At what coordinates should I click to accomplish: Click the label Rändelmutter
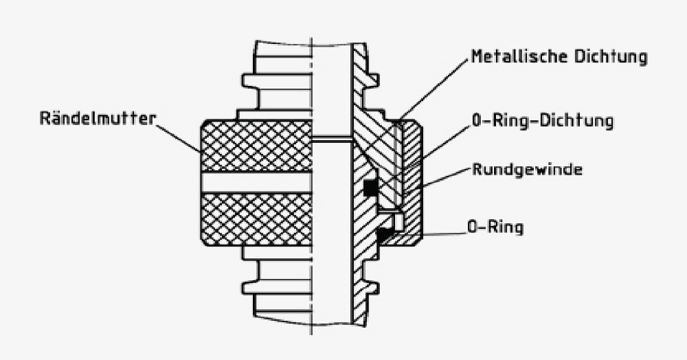point(98,118)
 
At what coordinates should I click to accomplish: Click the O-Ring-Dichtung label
point(543,122)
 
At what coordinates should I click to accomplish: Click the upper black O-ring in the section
point(371,188)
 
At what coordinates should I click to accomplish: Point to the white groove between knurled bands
point(256,182)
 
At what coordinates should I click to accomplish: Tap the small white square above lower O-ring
point(398,221)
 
